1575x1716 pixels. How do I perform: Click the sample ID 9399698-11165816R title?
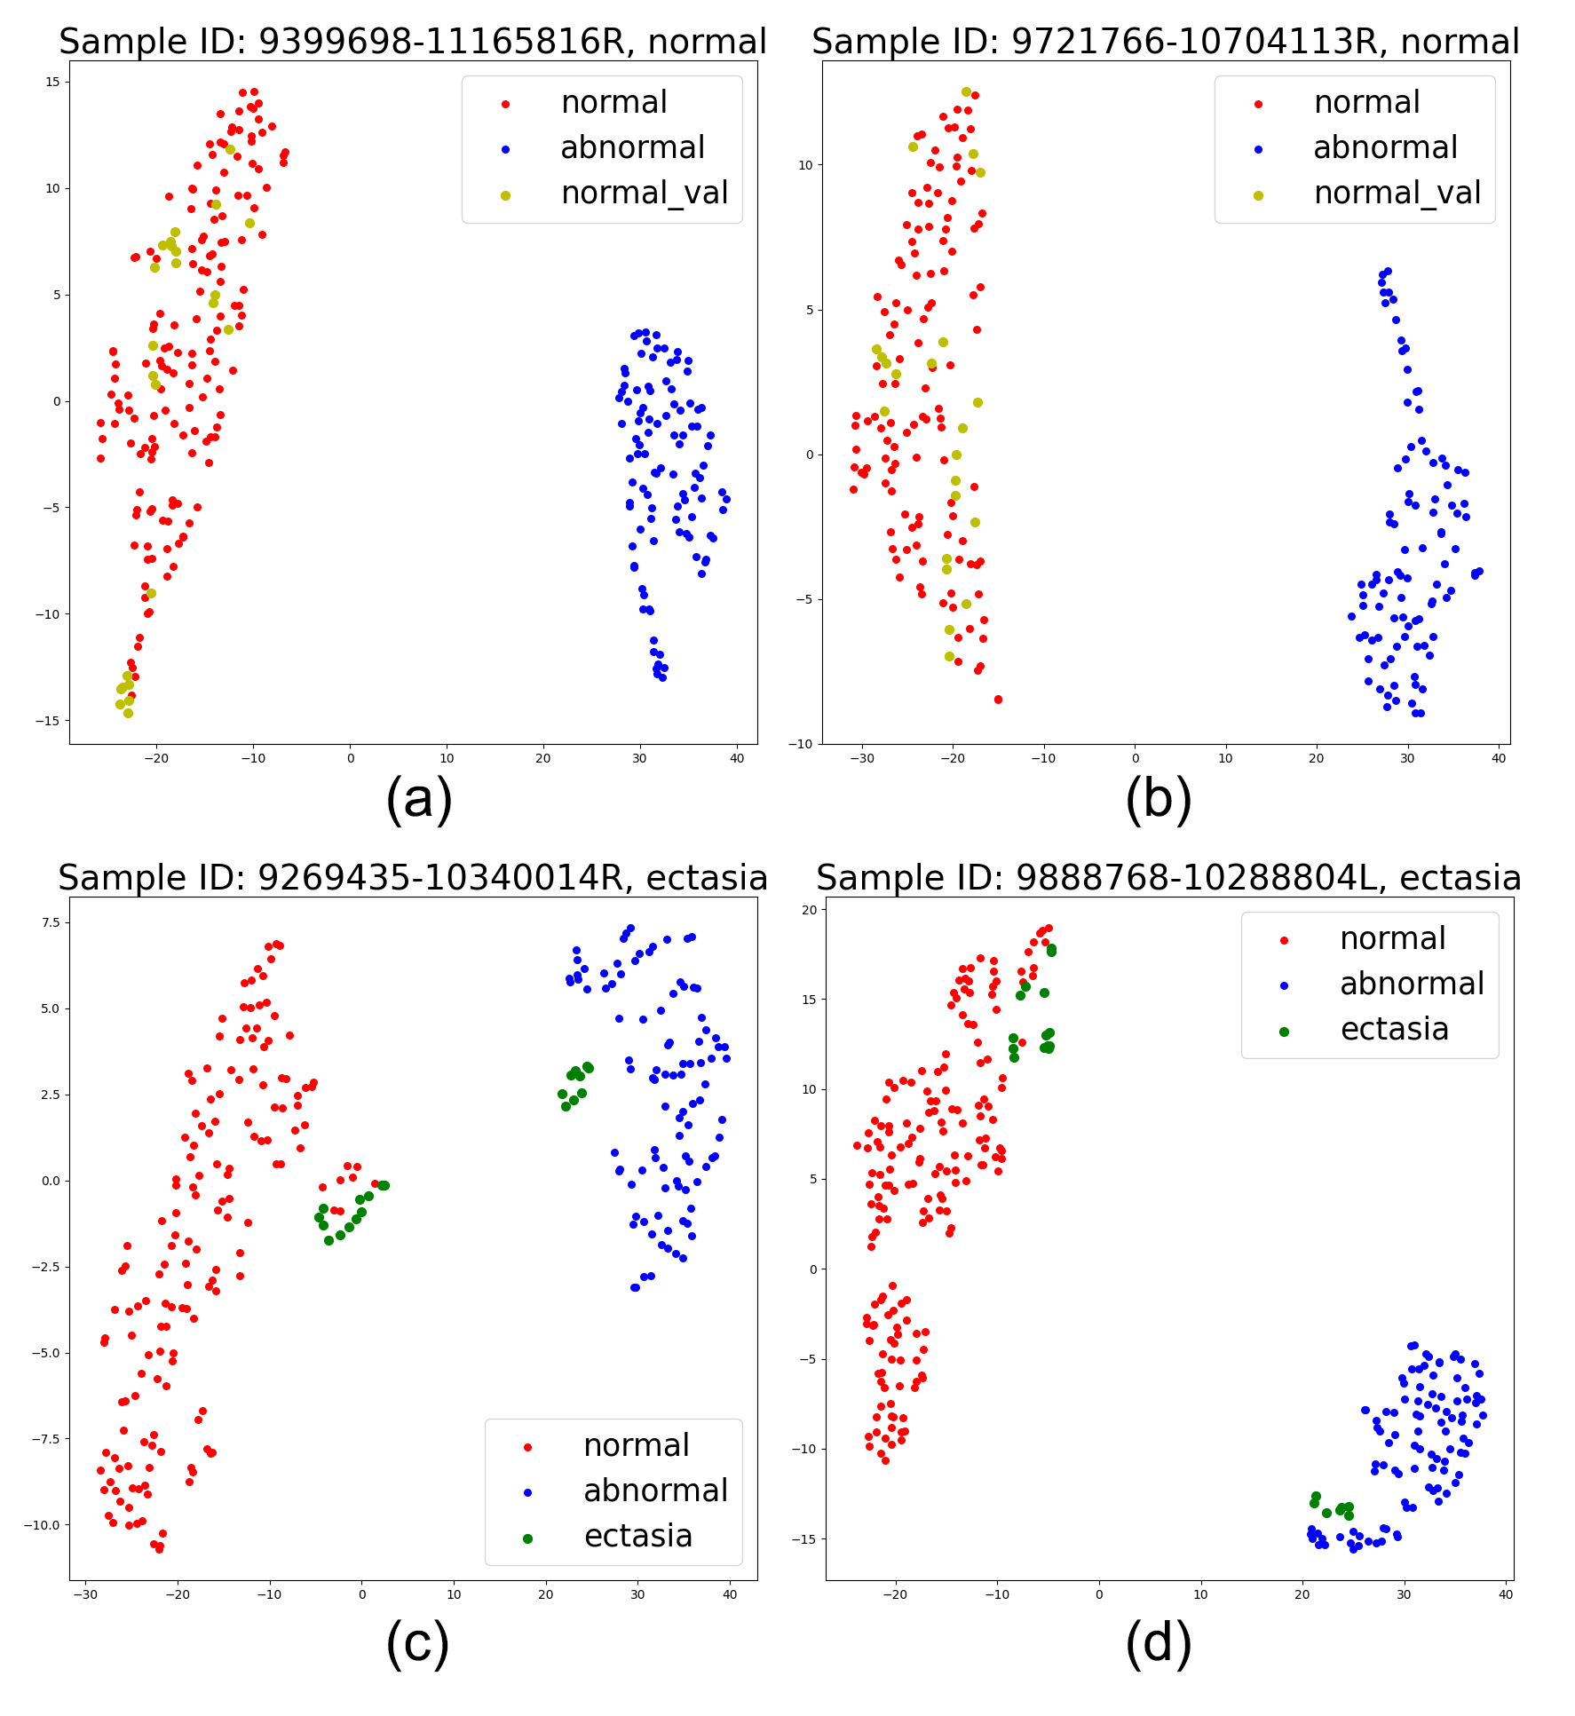tap(412, 42)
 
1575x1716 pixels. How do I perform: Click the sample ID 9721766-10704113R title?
tap(1165, 42)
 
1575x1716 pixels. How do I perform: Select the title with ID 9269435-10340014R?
tap(412, 878)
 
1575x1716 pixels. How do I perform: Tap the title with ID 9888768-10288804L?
tap(1168, 878)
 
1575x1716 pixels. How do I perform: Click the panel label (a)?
tap(419, 798)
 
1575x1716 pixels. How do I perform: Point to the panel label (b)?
tap(1159, 798)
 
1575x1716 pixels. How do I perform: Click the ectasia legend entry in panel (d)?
tap(1394, 1030)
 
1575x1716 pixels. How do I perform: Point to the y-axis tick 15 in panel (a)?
tap(52, 82)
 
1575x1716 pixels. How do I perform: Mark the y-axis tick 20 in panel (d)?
tap(809, 909)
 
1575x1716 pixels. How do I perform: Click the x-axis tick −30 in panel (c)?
tap(84, 1594)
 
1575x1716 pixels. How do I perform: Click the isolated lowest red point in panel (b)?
tap(998, 700)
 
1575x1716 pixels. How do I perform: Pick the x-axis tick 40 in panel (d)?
tap(1505, 1594)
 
